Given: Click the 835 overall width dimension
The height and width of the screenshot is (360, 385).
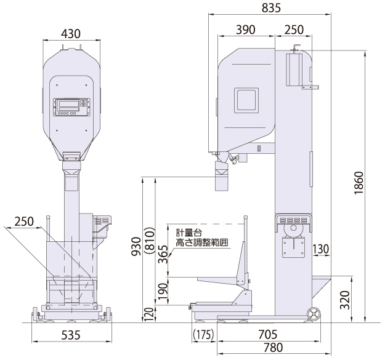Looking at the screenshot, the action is pyautogui.click(x=271, y=8).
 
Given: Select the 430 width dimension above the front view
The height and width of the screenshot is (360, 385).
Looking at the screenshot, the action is pyautogui.click(x=71, y=34).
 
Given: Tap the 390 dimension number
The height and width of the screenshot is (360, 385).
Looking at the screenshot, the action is pyautogui.click(x=246, y=30).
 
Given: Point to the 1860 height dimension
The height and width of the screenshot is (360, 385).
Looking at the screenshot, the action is pyautogui.click(x=359, y=183).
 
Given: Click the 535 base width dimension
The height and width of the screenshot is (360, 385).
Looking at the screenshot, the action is pyautogui.click(x=71, y=335).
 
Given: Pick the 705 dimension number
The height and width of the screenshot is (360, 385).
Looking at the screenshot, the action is pyautogui.click(x=268, y=334).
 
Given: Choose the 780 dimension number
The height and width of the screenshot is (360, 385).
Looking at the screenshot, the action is pyautogui.click(x=274, y=348).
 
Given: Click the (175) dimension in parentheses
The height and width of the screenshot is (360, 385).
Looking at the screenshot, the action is pyautogui.click(x=203, y=334).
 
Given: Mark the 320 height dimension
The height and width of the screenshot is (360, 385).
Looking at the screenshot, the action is pyautogui.click(x=345, y=300).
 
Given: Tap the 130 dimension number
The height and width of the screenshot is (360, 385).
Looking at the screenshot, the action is pyautogui.click(x=321, y=249).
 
